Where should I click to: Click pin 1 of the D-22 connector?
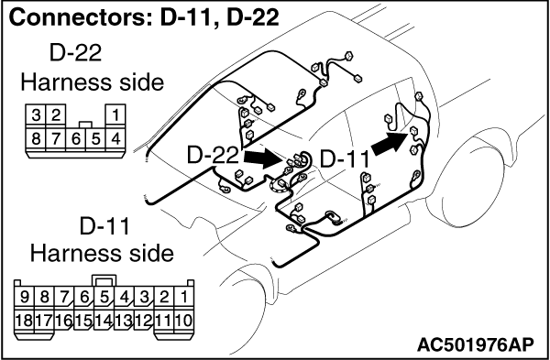115,115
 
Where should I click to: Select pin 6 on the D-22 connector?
76,139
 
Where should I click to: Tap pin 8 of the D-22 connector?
36,139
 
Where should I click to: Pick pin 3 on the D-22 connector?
36,115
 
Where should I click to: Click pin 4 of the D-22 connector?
115,139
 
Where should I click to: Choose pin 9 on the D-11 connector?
24,298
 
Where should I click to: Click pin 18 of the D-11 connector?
24,321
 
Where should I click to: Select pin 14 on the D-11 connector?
104,321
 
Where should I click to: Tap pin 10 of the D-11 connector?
184,321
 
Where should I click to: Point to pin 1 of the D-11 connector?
184,298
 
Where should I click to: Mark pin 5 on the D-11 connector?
104,298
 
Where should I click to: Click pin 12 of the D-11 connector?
144,321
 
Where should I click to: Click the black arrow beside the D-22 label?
263,158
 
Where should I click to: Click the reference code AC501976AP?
475,345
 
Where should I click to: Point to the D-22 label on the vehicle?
213,155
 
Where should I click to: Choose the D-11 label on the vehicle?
345,159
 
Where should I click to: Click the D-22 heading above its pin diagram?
75,53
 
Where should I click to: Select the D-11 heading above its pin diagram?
104,226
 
